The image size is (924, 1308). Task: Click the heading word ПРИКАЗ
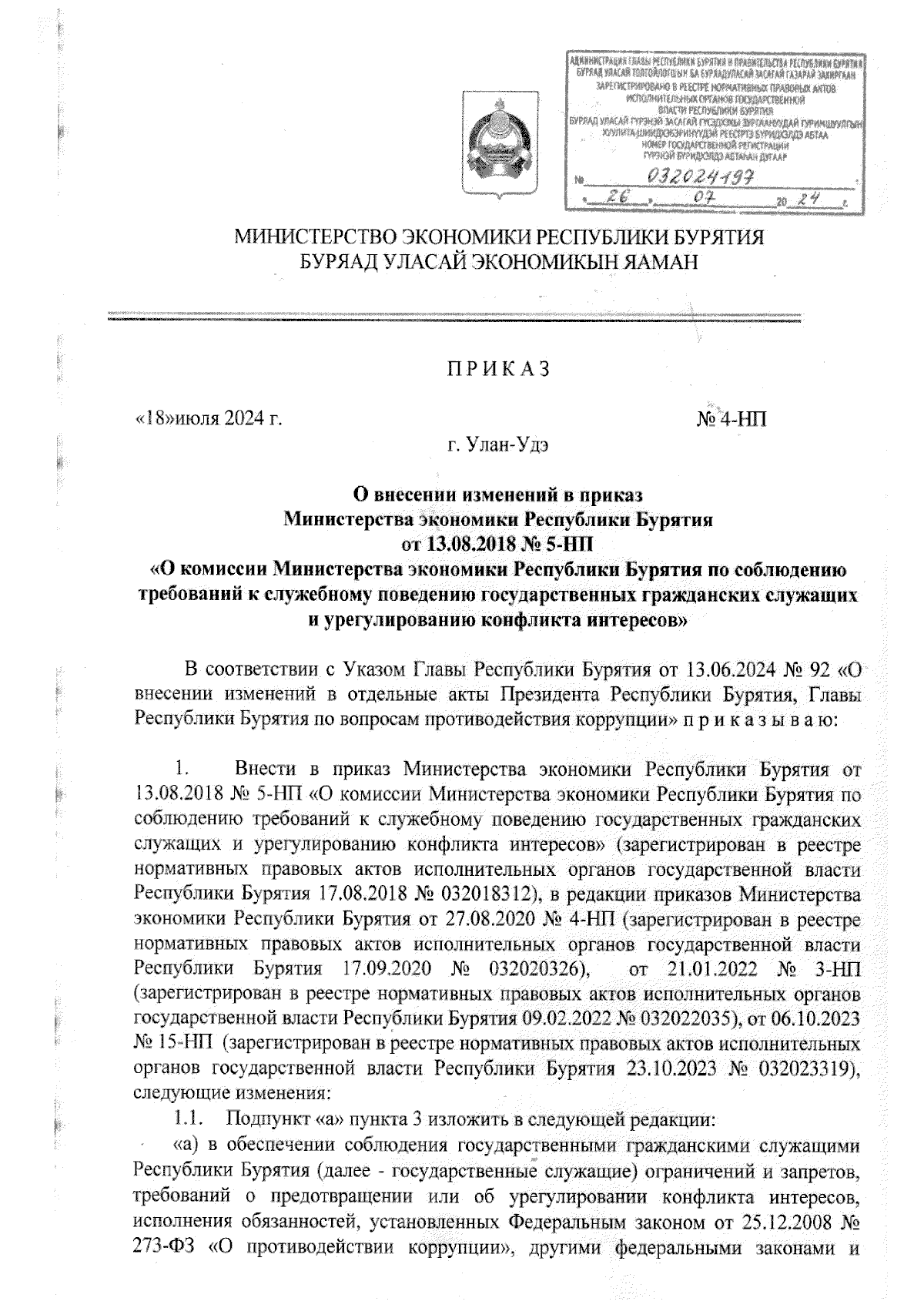point(494,369)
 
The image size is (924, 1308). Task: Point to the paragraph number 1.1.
point(189,1117)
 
